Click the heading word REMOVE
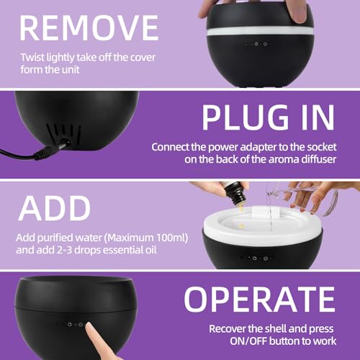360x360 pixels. click(89, 27)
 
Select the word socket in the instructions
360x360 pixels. click(320, 147)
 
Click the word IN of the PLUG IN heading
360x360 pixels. click(312, 117)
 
